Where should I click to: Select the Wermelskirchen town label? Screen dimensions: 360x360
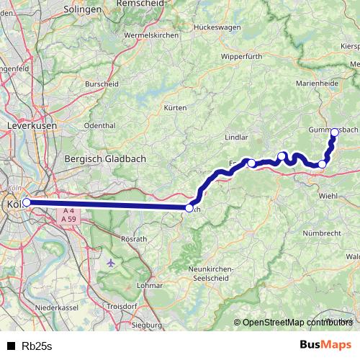click(150, 35)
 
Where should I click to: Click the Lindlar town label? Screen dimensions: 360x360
click(236, 135)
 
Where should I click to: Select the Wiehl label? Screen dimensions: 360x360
click(328, 194)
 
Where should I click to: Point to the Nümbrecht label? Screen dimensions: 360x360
click(321, 233)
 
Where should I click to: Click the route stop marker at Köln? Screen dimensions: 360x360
click(27, 202)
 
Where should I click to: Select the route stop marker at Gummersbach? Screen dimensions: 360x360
click(334, 132)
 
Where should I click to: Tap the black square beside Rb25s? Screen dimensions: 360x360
click(11, 346)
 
